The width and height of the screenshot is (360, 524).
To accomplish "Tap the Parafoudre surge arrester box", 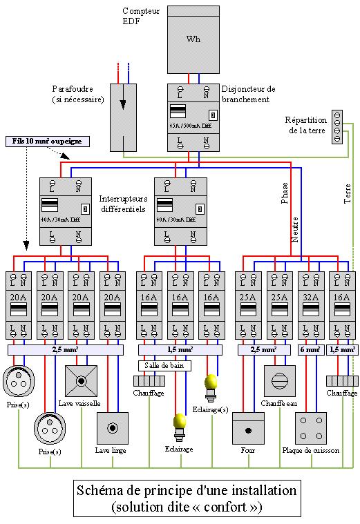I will (x=124, y=118).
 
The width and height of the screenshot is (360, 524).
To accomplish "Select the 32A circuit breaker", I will (x=310, y=304).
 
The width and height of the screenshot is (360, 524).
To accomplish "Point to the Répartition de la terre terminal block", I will (x=337, y=126).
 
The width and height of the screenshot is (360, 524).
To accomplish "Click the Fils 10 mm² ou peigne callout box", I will (x=47, y=141).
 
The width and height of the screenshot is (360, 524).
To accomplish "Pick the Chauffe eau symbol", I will (x=279, y=381).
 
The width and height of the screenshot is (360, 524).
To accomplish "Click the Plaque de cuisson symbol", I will (x=310, y=428).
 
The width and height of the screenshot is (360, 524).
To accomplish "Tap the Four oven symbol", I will (x=248, y=428).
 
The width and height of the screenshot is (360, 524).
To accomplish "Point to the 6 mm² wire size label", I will (x=310, y=350).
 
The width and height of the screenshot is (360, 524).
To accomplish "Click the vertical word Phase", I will (x=284, y=193).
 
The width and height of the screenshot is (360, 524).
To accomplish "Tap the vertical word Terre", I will (x=347, y=193).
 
